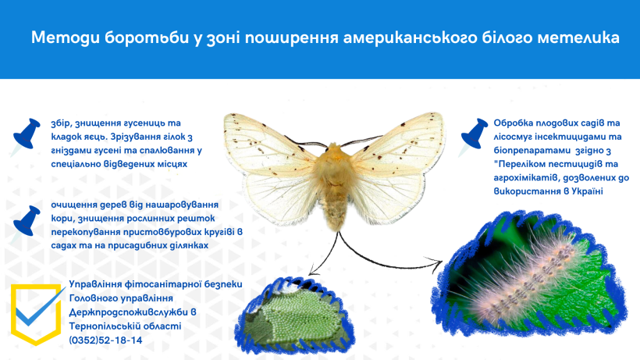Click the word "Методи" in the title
click(66, 37)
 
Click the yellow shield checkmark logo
click(36, 313)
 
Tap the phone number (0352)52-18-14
click(105, 340)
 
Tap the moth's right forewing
click(396, 143)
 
